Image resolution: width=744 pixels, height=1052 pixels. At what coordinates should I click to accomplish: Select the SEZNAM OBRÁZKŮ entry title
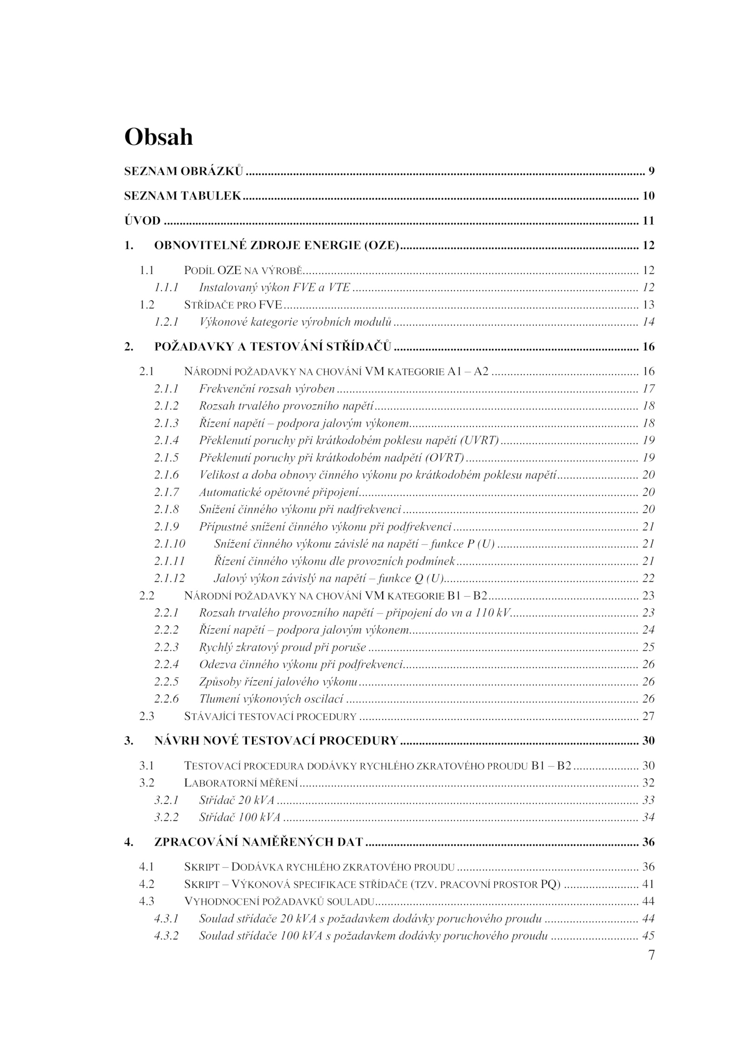click(x=183, y=171)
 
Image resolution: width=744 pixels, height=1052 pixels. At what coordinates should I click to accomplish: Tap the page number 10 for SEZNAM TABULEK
click(x=648, y=196)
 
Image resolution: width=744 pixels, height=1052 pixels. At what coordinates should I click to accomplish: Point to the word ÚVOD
click(x=142, y=220)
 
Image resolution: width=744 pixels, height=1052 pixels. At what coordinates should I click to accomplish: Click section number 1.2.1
click(x=166, y=321)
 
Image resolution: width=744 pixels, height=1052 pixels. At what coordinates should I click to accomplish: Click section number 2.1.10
click(x=170, y=544)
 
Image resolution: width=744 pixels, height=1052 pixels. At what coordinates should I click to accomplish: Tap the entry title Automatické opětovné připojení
click(x=279, y=492)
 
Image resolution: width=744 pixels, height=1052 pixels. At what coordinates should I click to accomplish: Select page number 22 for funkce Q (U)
click(x=648, y=578)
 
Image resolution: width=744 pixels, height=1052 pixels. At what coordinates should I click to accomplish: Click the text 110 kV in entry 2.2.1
click(x=492, y=613)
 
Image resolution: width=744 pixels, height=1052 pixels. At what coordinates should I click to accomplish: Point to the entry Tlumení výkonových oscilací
click(x=271, y=699)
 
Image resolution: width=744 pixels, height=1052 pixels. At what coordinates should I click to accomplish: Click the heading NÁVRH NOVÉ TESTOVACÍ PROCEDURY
click(x=276, y=741)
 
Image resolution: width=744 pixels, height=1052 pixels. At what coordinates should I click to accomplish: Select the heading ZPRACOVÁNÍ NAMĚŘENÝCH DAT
click(x=259, y=842)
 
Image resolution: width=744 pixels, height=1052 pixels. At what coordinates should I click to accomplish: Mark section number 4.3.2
click(x=166, y=936)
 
